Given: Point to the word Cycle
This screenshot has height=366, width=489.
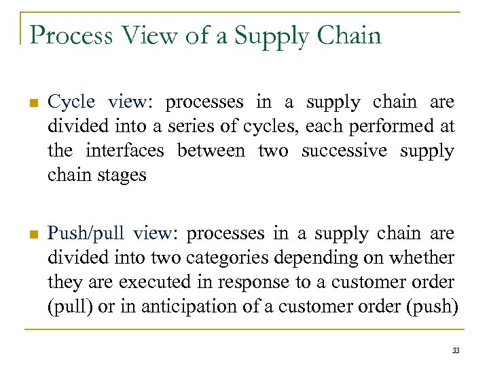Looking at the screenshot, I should pyautogui.click(x=71, y=102).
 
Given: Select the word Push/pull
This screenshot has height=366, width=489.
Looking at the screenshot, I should pyautogui.click(x=86, y=234).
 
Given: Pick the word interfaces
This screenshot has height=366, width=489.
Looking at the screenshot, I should pyautogui.click(x=126, y=150).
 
